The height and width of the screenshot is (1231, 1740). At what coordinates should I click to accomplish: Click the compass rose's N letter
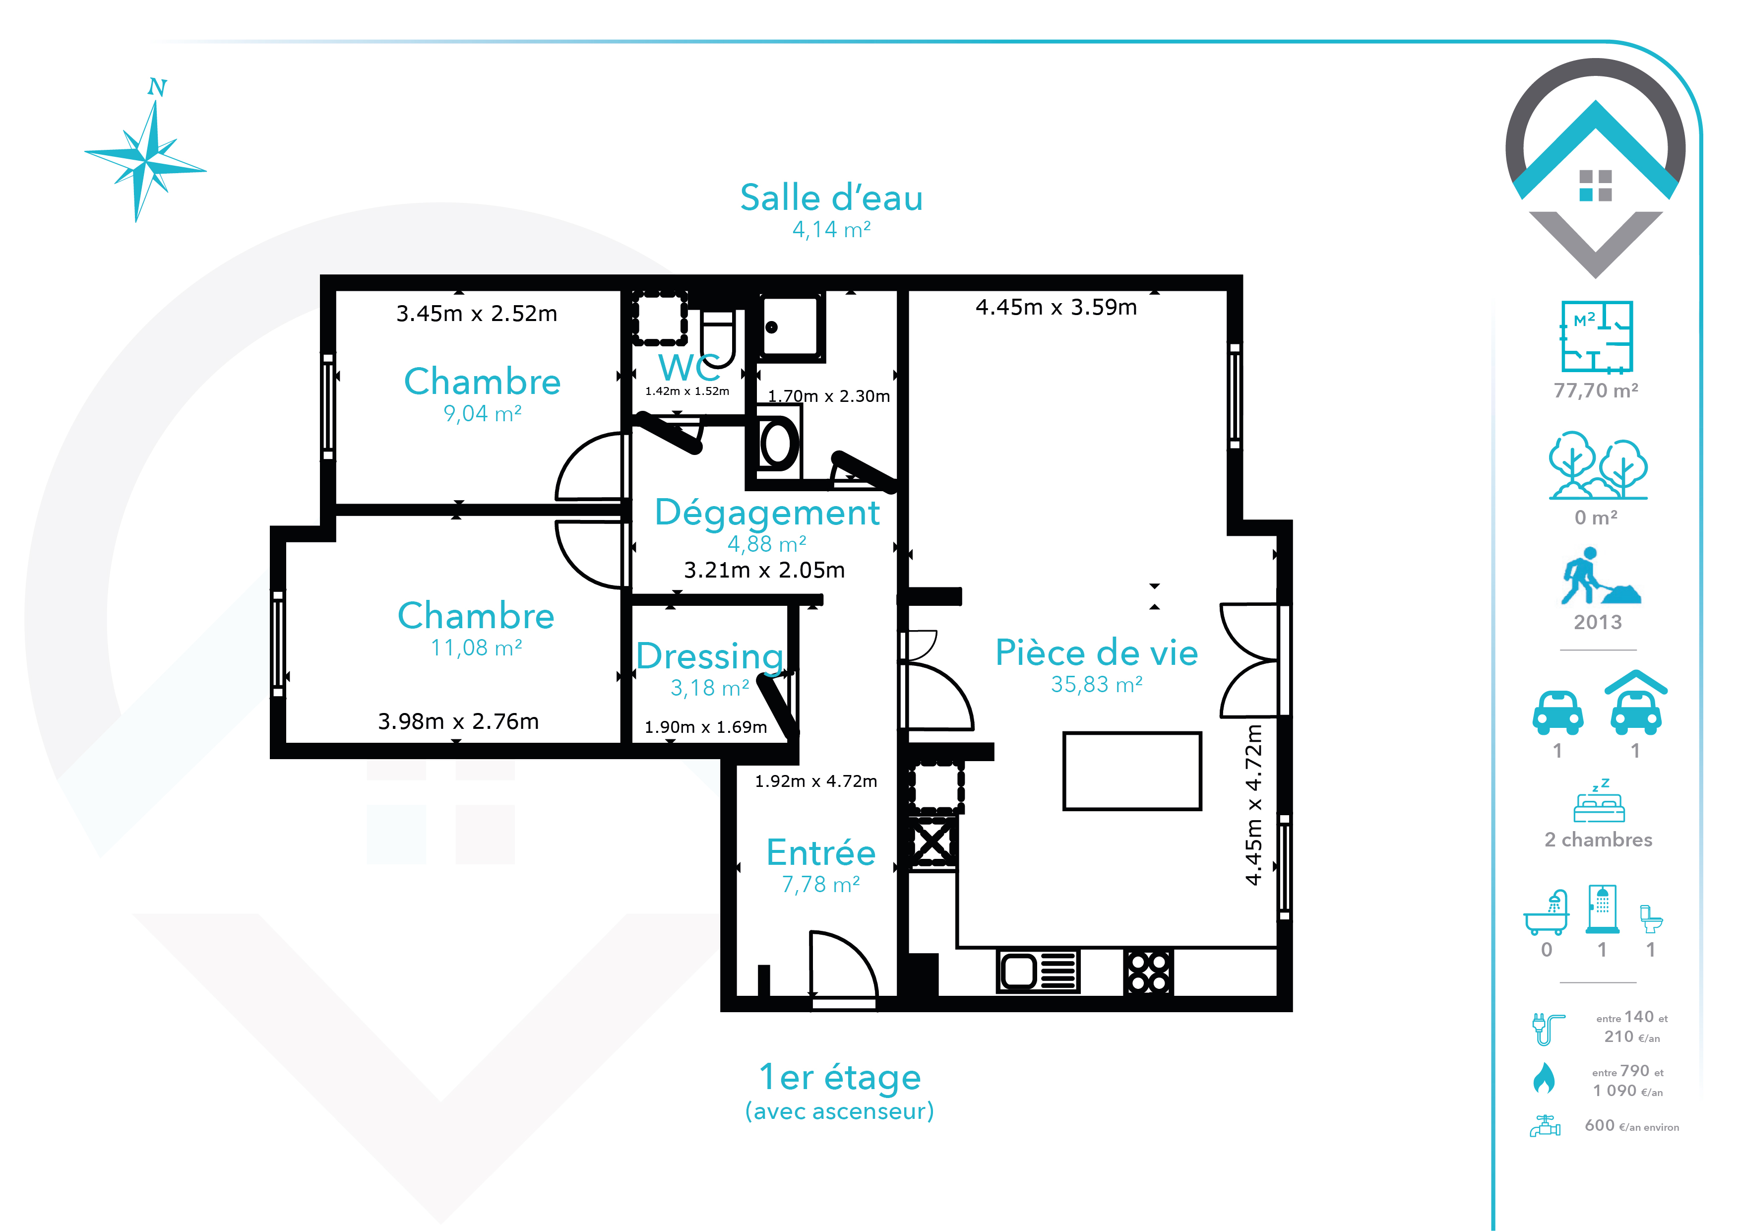coord(157,87)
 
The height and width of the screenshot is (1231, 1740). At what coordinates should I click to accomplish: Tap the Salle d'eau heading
coord(831,198)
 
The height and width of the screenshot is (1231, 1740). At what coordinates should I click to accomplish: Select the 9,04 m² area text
coord(483,414)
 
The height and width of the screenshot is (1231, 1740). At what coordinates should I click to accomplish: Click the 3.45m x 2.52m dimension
coord(477,313)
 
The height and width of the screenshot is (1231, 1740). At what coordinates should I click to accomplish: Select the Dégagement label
coord(767,513)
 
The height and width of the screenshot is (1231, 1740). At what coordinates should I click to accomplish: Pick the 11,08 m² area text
coord(477,648)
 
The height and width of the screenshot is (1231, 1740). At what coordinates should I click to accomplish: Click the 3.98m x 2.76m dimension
coord(458,721)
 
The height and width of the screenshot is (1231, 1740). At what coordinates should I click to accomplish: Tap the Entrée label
coord(821,853)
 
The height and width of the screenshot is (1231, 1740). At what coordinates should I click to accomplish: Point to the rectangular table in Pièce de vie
coord(1132,771)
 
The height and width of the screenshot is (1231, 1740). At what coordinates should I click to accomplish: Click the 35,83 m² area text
coord(1097,685)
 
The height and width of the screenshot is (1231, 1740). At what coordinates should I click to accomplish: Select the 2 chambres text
coord(1598,840)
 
